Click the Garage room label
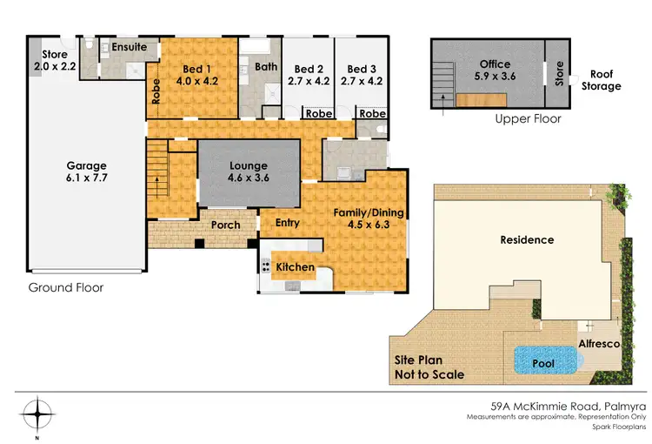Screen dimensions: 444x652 coord(87,165)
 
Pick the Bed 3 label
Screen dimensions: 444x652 coord(361,69)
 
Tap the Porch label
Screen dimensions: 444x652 coord(226,225)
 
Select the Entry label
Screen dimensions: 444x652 coord(287,223)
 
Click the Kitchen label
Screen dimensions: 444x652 coord(295,266)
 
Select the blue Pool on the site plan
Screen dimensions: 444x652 coord(543,359)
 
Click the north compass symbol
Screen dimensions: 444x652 coord(37,411)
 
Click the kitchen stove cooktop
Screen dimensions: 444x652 coord(265,266)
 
